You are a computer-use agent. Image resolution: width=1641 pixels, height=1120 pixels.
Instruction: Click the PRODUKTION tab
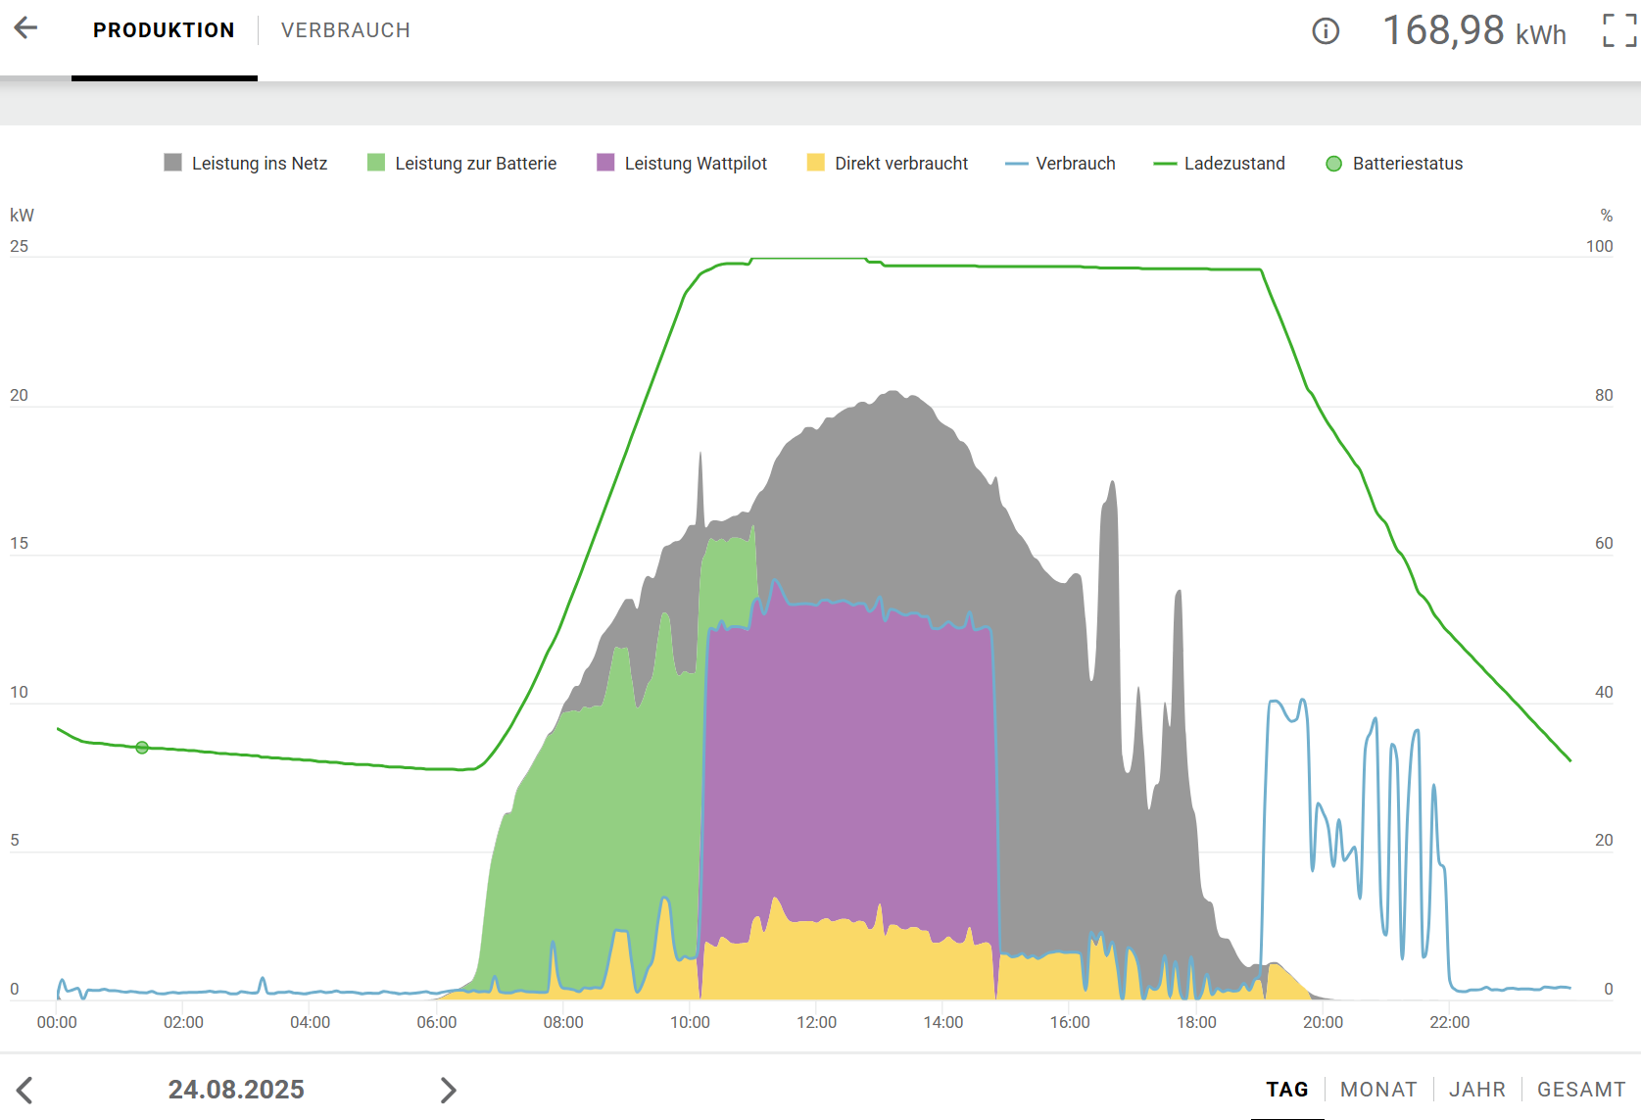(x=164, y=30)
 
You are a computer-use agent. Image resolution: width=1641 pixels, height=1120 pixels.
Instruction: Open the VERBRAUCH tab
(x=345, y=30)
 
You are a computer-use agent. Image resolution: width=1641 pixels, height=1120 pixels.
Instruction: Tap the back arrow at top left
(x=25, y=28)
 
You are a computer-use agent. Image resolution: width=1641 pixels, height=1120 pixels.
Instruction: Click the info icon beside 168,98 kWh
(x=1325, y=31)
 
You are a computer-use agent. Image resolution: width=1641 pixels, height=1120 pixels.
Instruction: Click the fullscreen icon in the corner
(x=1618, y=30)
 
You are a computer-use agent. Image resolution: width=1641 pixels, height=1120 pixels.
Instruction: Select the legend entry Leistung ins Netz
(x=246, y=164)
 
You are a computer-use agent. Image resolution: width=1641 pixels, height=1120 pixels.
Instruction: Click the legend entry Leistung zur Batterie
(x=462, y=164)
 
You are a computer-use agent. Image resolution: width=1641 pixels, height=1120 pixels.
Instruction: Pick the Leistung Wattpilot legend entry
(x=682, y=164)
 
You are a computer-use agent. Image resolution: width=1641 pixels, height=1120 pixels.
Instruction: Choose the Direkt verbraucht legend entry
(x=888, y=164)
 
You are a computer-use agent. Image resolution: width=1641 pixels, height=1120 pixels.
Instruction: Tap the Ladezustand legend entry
(x=1220, y=164)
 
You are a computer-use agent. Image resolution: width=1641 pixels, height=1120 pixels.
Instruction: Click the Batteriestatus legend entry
(x=1394, y=164)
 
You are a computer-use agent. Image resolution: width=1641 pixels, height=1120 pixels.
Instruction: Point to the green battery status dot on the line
(x=142, y=748)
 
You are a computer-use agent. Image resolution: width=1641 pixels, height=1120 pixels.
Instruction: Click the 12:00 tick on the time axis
(x=816, y=1022)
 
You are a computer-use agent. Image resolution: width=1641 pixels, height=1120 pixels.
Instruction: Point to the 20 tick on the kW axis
(x=19, y=395)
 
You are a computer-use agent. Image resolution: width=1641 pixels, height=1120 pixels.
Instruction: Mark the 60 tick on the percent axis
(x=1604, y=543)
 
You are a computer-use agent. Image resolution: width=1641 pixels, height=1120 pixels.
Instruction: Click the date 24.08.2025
(x=236, y=1090)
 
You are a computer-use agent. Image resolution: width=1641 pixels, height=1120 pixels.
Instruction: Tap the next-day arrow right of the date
(x=448, y=1090)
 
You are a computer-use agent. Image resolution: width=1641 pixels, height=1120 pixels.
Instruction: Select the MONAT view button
(x=1378, y=1090)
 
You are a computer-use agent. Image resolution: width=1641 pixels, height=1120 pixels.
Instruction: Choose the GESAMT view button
(x=1580, y=1090)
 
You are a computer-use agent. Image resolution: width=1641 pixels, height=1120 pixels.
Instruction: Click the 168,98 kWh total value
(x=1473, y=31)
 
